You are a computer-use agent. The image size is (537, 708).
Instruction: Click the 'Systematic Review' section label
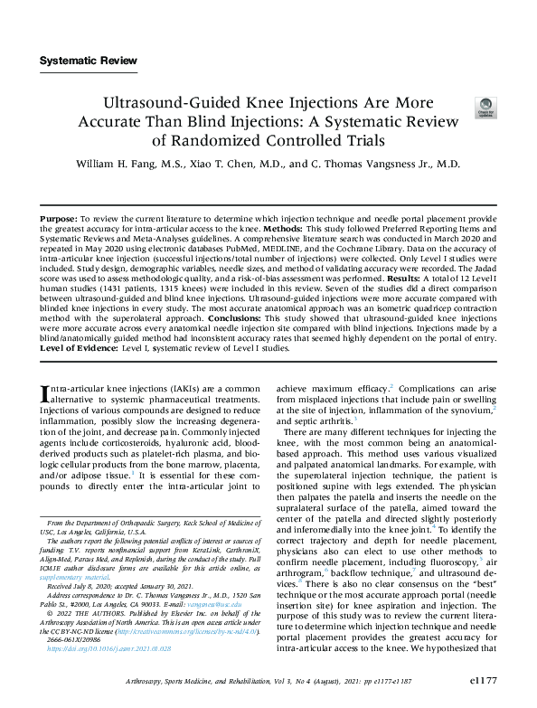pos(89,61)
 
